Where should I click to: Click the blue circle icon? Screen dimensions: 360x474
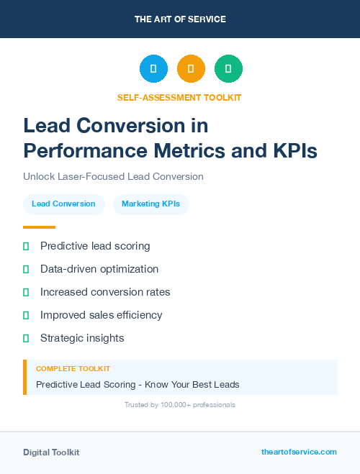click(x=153, y=69)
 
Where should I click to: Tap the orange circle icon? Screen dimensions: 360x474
click(x=191, y=69)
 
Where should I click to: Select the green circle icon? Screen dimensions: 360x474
click(x=228, y=69)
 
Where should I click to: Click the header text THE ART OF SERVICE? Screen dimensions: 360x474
click(x=180, y=19)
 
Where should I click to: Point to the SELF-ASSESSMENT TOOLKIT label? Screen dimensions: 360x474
click(x=179, y=97)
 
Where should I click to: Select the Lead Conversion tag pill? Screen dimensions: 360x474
click(x=63, y=204)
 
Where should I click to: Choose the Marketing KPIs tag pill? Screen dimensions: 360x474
click(x=151, y=204)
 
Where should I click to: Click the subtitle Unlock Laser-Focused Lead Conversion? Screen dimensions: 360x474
click(x=113, y=176)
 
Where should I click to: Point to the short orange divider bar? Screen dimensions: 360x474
click(x=39, y=227)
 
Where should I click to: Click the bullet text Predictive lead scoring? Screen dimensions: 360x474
click(x=95, y=246)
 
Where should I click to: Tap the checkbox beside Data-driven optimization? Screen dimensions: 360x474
click(x=26, y=269)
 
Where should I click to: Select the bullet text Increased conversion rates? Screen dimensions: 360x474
click(x=105, y=292)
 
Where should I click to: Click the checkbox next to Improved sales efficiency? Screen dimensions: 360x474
click(x=26, y=315)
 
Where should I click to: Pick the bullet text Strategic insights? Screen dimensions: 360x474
click(x=82, y=338)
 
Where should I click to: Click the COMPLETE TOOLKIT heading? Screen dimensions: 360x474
click(x=73, y=368)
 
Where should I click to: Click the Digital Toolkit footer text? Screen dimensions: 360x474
click(x=51, y=452)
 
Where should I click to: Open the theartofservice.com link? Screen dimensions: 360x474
click(x=299, y=452)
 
